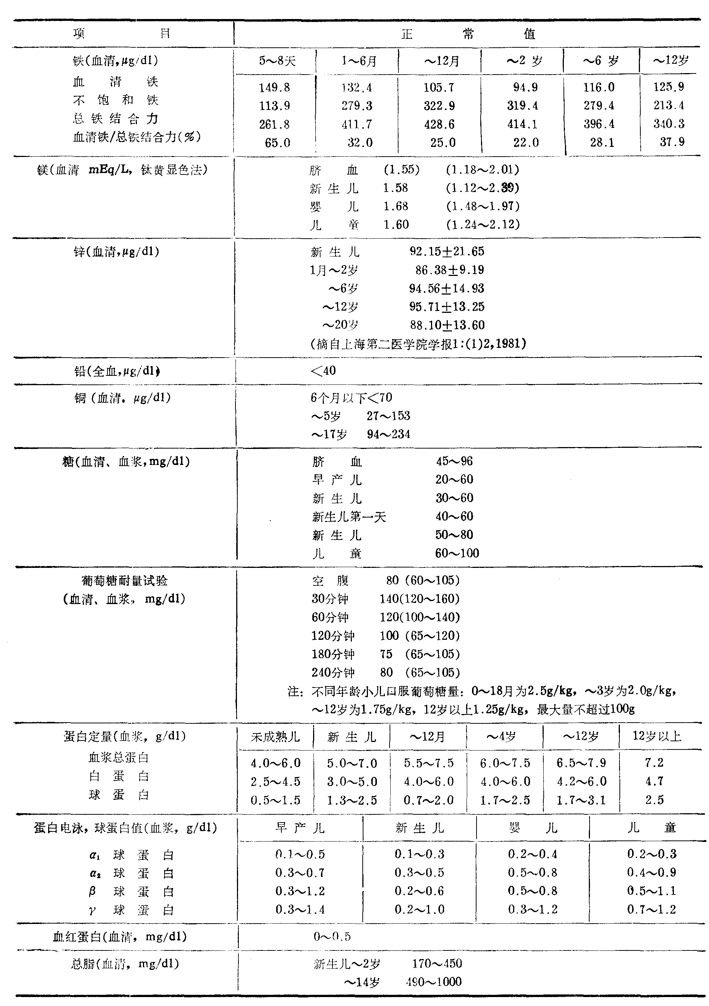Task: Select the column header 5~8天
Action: click(277, 61)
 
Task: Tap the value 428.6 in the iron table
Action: click(439, 125)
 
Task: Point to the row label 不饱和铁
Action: click(115, 100)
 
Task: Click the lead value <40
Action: click(323, 371)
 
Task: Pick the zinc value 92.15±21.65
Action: click(446, 251)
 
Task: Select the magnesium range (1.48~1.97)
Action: click(483, 206)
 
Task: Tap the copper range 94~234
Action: click(388, 434)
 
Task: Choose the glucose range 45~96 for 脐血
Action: click(454, 461)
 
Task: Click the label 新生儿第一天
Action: click(349, 517)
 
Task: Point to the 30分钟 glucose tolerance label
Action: click(330, 599)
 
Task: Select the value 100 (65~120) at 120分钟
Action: click(419, 636)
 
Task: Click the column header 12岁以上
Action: click(656, 736)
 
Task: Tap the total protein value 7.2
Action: click(654, 763)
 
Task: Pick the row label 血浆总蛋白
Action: click(119, 758)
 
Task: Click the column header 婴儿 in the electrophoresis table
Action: click(533, 828)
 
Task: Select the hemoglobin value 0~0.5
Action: click(332, 937)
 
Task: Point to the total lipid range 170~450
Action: click(437, 963)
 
